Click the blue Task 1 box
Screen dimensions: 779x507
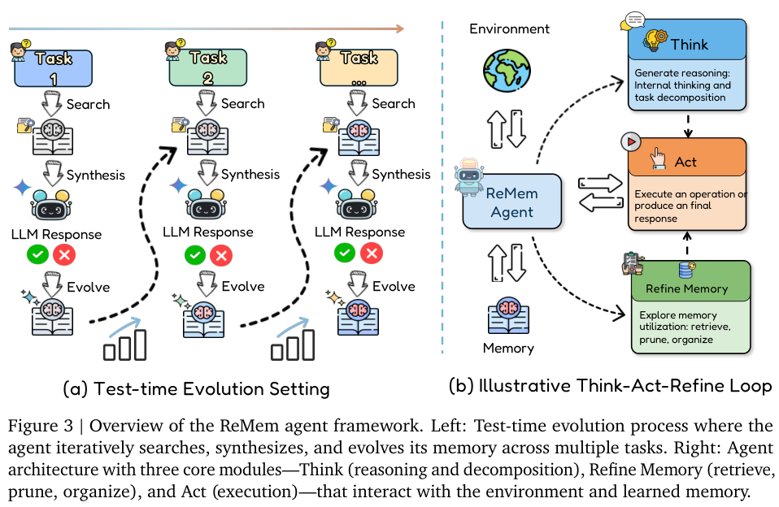tap(53, 68)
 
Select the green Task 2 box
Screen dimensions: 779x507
tap(207, 67)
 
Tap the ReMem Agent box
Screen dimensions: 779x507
tap(511, 201)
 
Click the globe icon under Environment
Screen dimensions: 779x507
tap(507, 71)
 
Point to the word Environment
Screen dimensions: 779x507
tap(509, 28)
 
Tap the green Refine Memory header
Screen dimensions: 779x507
tap(690, 281)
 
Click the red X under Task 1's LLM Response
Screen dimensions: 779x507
tap(64, 255)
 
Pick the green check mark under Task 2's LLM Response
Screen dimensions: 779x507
tap(195, 255)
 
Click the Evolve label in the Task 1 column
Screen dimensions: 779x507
tap(89, 287)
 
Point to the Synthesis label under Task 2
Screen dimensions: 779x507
tap(250, 175)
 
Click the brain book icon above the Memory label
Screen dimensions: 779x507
tap(508, 316)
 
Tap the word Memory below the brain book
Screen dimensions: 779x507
tap(508, 348)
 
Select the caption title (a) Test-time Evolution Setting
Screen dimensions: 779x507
tap(196, 389)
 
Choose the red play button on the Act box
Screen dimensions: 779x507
tap(631, 142)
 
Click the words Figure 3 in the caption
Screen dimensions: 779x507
tap(40, 426)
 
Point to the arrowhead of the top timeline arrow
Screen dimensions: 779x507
tap(403, 28)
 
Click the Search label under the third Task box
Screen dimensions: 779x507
tap(394, 104)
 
